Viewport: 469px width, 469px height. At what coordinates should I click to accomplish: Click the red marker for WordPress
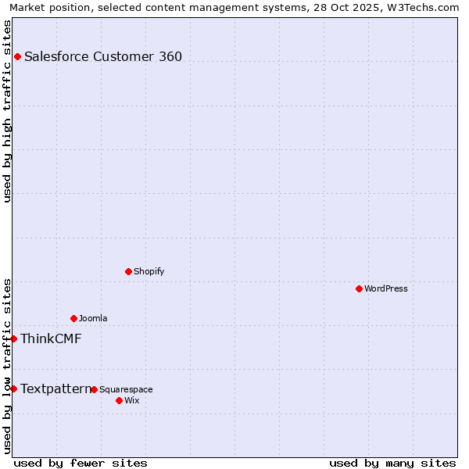tap(359, 288)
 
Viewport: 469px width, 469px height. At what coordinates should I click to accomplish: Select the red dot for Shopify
tap(128, 271)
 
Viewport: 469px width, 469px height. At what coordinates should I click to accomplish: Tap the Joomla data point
tap(73, 318)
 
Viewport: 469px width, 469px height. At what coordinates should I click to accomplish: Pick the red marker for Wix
tap(119, 400)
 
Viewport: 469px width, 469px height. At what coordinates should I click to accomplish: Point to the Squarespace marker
tap(94, 389)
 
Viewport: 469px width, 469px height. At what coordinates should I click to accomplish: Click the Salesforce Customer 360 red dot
tap(17, 56)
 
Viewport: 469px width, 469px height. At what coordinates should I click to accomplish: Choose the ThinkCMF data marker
tap(13, 338)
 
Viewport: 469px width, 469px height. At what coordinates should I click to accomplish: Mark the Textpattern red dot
tap(13, 388)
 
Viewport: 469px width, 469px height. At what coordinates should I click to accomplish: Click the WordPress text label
tap(386, 288)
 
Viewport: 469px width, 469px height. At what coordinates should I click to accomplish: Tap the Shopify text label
tap(149, 271)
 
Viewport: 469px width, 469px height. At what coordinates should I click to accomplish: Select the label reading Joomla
tap(93, 318)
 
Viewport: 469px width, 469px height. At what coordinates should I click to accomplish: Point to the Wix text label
tap(131, 400)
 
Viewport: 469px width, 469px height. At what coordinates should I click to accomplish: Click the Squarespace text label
tap(126, 389)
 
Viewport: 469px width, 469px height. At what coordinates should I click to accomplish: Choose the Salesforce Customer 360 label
tap(103, 56)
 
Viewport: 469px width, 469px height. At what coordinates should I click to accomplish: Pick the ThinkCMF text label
tap(51, 338)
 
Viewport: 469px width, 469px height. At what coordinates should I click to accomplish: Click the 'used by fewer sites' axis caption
tap(81, 463)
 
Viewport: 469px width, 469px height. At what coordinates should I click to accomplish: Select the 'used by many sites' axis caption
tap(392, 463)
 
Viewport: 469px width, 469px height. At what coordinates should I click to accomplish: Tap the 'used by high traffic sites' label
tap(7, 111)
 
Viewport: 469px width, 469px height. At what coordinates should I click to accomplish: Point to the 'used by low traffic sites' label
tap(7, 365)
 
